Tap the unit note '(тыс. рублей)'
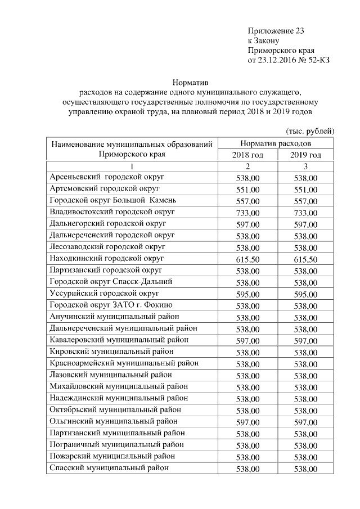pyautogui.click(x=310, y=130)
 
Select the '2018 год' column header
pyautogui.click(x=247, y=155)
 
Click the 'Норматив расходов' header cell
pyautogui.click(x=277, y=144)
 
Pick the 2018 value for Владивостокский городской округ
pyautogui.click(x=247, y=213)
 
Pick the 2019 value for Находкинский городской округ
pyautogui.click(x=305, y=260)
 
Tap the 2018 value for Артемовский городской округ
pyautogui.click(x=247, y=190)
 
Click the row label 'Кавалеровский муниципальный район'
pyautogui.click(x=119, y=340)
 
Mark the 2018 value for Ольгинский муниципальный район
pyautogui.click(x=247, y=422)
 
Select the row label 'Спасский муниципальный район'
pyautogui.click(x=109, y=468)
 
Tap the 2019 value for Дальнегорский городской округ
pyautogui.click(x=305, y=225)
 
